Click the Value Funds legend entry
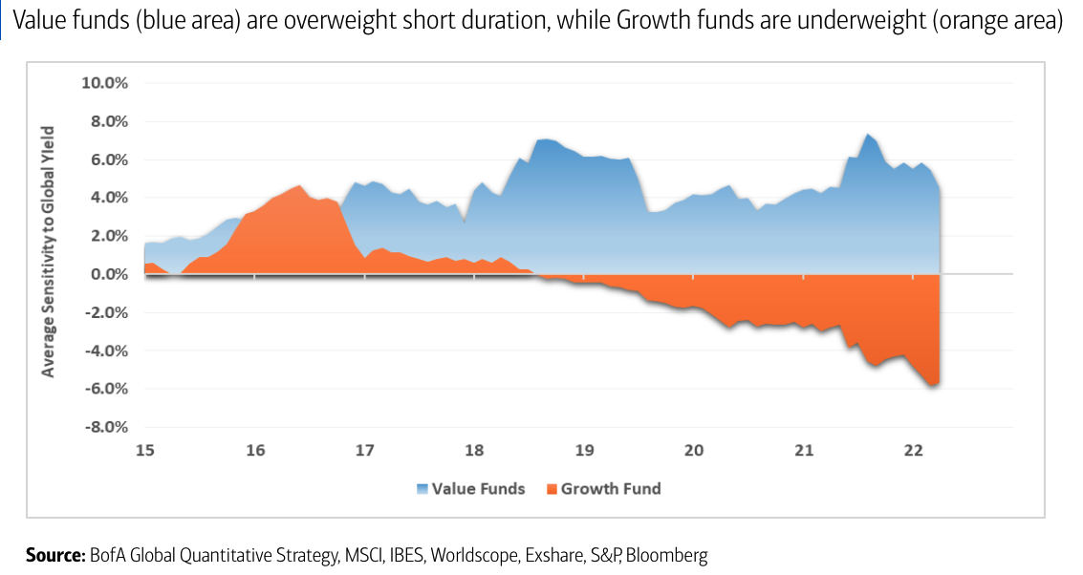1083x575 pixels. point(478,489)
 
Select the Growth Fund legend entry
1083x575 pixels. point(610,489)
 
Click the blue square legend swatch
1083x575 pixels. point(422,490)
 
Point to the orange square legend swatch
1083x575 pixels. point(552,490)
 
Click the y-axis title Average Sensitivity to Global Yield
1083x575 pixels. point(48,250)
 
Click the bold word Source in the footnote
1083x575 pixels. point(54,555)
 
